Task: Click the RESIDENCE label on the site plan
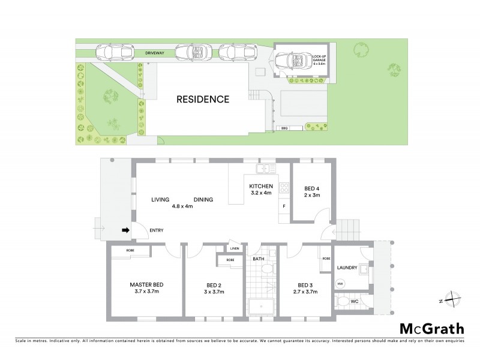(202, 99)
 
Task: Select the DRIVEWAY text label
(154, 53)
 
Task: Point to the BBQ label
(285, 128)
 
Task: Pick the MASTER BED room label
(147, 284)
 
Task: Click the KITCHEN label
(261, 186)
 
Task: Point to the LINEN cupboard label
(234, 248)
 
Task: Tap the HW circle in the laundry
(340, 284)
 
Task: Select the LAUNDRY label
(347, 268)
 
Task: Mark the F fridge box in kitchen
(284, 207)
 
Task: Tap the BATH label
(259, 259)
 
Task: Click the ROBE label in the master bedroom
(130, 250)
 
